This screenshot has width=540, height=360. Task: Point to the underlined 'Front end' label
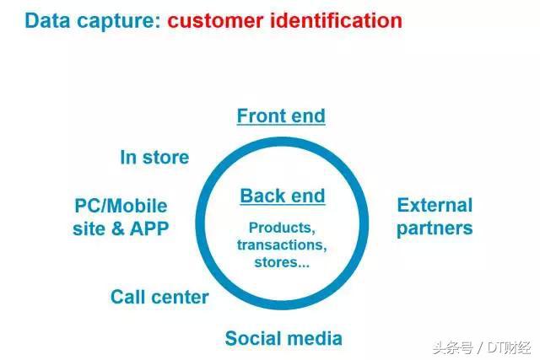click(281, 116)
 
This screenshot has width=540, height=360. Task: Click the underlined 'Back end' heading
click(282, 196)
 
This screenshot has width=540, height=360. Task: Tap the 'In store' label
click(154, 158)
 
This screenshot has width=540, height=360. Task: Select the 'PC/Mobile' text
click(121, 206)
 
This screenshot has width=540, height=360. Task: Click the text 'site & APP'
click(121, 228)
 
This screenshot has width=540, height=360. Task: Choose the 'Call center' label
click(159, 297)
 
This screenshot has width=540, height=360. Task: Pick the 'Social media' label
click(283, 339)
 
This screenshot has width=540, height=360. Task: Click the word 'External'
click(435, 205)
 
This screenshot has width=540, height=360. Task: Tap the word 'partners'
click(435, 228)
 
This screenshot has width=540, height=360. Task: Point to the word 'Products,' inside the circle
click(282, 228)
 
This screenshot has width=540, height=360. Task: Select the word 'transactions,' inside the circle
click(282, 244)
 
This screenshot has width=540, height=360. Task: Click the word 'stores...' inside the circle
click(282, 261)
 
